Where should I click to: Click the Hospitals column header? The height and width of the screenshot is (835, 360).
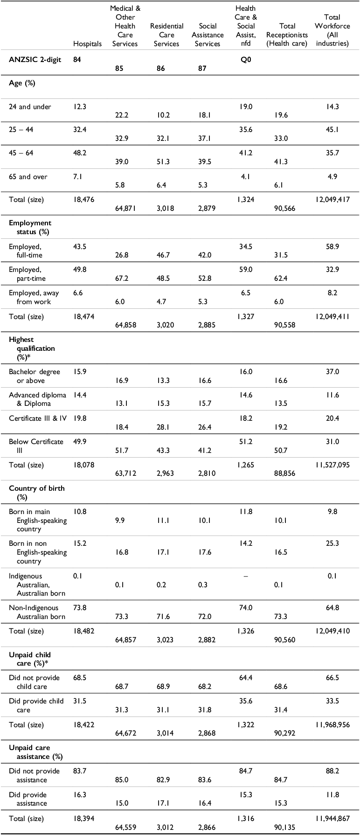[x=87, y=44]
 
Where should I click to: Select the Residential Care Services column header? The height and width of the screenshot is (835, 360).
[x=166, y=35]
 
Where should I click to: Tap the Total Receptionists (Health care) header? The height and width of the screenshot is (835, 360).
[x=287, y=35]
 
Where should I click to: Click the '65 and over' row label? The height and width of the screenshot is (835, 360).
[x=30, y=177]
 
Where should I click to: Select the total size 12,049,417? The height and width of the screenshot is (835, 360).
[x=332, y=200]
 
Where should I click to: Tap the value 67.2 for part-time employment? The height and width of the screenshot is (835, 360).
[x=123, y=278]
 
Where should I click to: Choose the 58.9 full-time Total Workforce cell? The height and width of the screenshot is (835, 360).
[x=332, y=246]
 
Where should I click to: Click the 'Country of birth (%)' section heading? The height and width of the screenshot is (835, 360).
[x=37, y=493]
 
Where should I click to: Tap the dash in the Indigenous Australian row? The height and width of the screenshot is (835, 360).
[x=245, y=576]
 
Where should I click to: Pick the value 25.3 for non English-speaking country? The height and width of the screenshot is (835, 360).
[x=332, y=543]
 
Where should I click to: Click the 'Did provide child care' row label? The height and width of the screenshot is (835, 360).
[x=36, y=705]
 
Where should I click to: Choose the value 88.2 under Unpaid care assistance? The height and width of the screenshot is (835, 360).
[x=332, y=771]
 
